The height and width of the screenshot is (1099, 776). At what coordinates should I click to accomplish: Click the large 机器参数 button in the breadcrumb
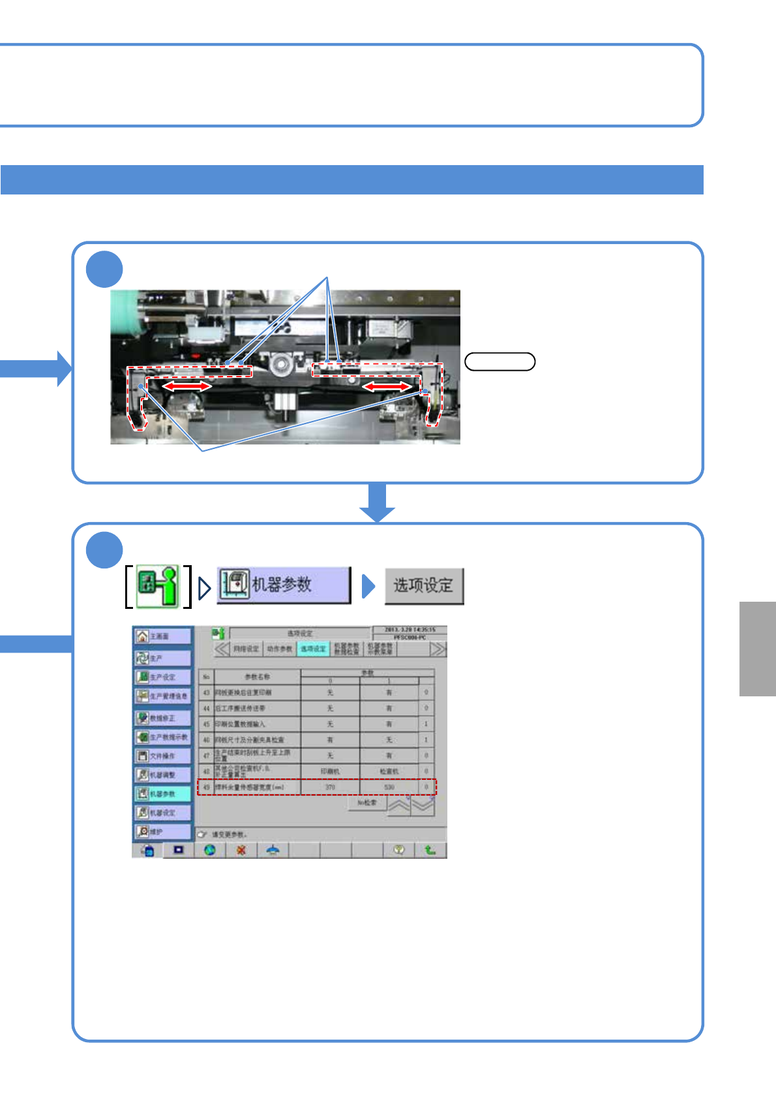(x=284, y=585)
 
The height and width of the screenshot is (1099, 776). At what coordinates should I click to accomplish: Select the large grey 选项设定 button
(x=424, y=586)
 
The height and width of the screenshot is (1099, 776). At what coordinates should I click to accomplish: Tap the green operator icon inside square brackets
(x=158, y=587)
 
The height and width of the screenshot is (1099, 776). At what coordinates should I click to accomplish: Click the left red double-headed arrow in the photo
(x=187, y=386)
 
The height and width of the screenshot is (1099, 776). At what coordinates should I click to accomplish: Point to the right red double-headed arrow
(x=387, y=387)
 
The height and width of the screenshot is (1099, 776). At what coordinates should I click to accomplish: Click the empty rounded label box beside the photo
(x=500, y=362)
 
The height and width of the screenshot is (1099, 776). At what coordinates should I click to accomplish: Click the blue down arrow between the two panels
(x=377, y=503)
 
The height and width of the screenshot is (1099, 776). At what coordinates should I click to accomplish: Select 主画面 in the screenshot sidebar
(x=162, y=636)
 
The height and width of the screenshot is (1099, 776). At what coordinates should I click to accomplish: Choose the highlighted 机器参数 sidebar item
(x=162, y=794)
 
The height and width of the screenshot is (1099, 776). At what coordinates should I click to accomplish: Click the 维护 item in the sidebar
(x=162, y=832)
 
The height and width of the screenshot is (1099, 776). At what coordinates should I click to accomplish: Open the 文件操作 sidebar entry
(x=162, y=756)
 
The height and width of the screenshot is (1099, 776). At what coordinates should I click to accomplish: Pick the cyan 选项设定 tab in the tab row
(x=313, y=649)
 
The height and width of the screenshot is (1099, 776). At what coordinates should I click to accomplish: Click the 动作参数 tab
(x=280, y=649)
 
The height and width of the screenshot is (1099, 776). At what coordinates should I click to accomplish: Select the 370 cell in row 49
(x=330, y=787)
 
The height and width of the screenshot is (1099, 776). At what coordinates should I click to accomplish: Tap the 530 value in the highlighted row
(x=389, y=787)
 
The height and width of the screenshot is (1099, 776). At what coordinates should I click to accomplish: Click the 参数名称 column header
(x=257, y=677)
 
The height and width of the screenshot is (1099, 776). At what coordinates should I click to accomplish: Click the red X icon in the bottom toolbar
(x=241, y=850)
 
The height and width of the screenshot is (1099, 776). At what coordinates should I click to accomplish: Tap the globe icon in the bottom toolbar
(x=210, y=850)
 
